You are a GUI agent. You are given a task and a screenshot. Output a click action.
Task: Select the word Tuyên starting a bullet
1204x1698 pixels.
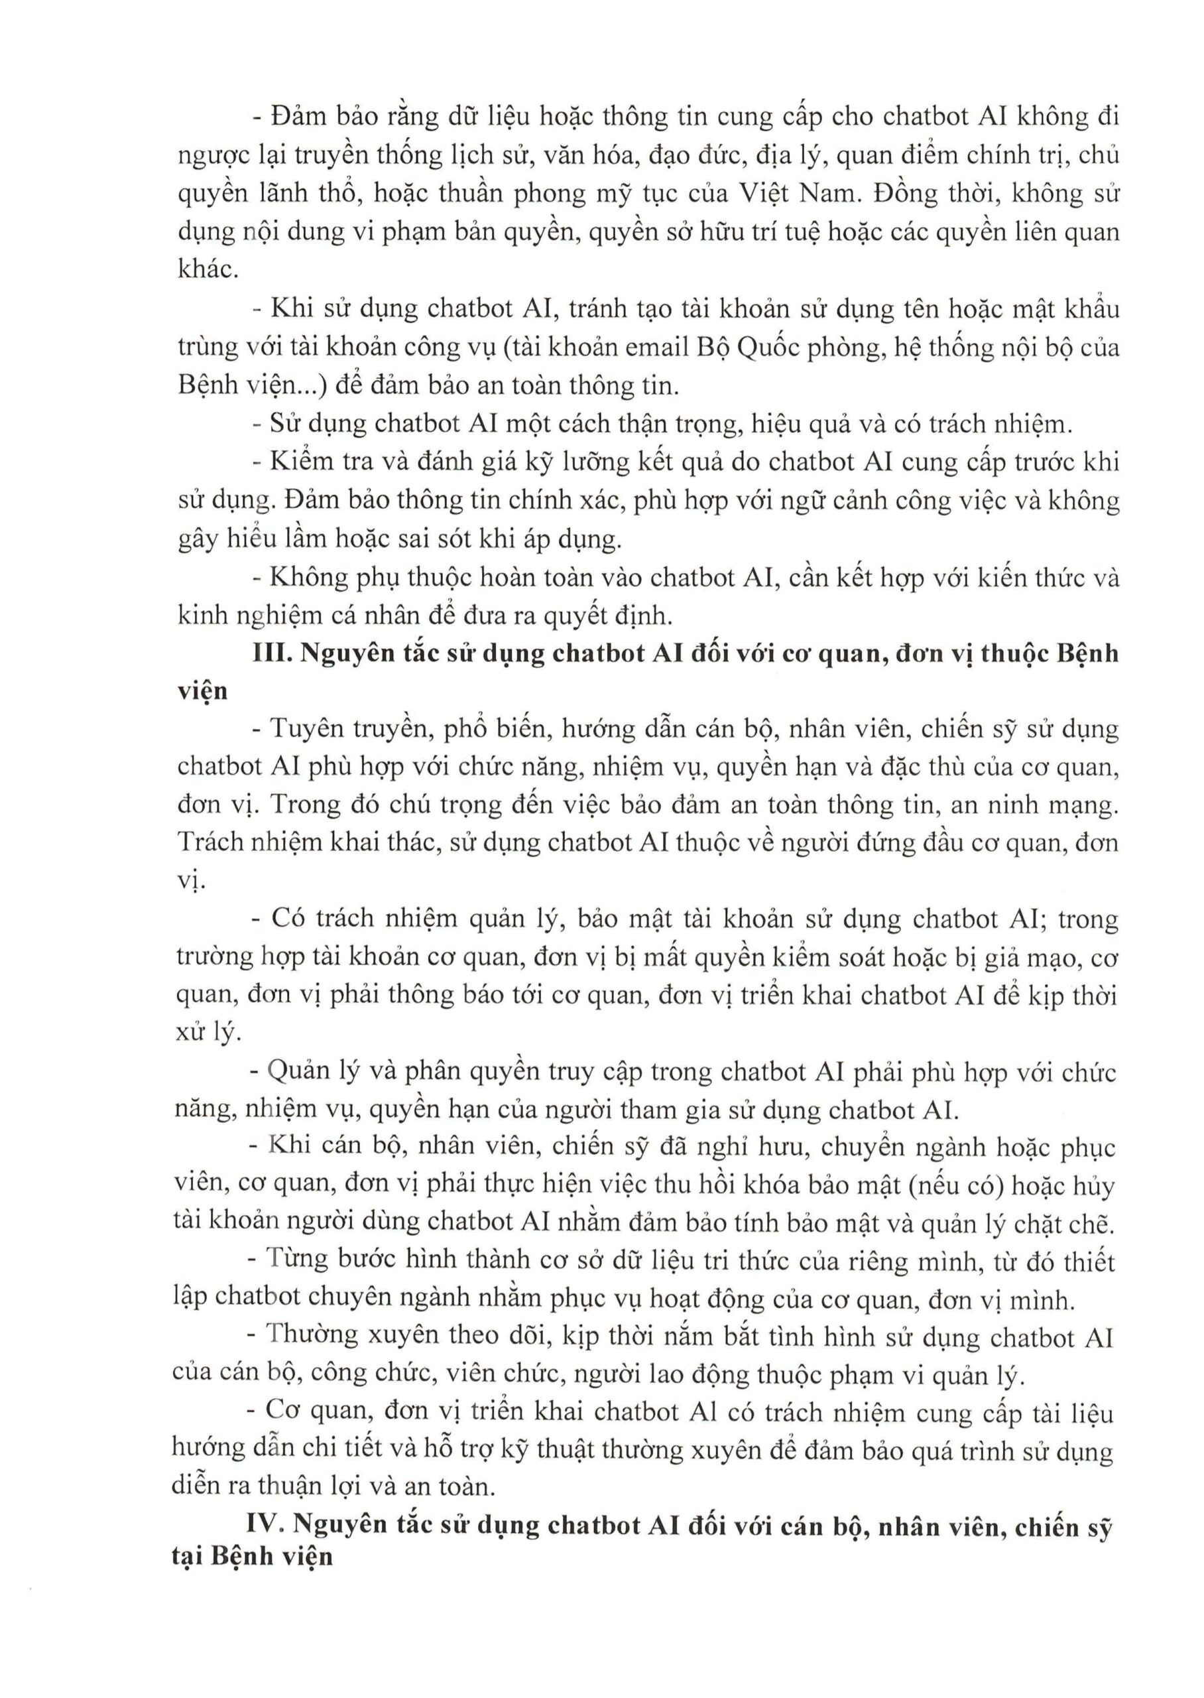coord(306,729)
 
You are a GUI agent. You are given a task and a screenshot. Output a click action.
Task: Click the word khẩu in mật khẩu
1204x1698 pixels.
coord(1089,308)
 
